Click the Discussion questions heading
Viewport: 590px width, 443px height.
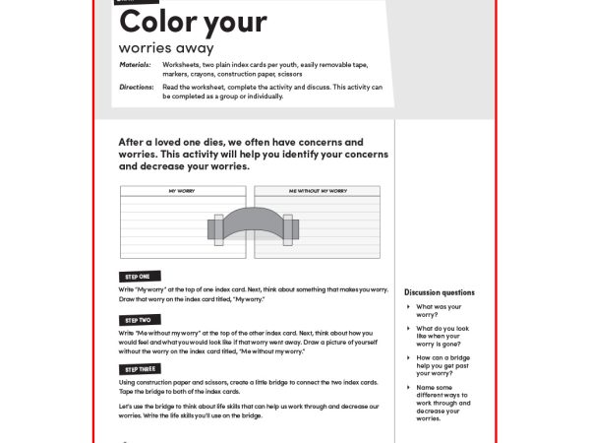coord(439,292)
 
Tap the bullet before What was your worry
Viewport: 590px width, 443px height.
coord(409,307)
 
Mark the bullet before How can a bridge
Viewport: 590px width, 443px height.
coord(409,358)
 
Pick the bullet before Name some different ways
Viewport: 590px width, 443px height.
coord(409,388)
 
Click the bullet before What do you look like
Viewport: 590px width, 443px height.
coord(409,329)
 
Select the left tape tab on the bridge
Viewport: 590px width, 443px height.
coord(216,228)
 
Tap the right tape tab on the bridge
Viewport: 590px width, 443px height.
coord(287,228)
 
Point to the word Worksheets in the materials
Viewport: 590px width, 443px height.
coord(184,64)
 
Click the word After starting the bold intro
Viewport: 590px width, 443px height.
coord(135,142)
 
